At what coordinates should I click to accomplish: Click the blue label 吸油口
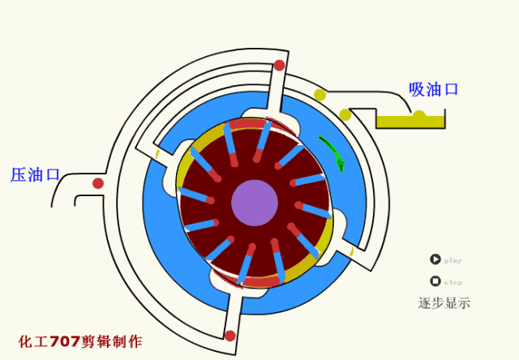(433, 89)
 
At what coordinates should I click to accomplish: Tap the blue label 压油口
(35, 174)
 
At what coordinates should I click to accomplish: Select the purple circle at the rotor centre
(255, 203)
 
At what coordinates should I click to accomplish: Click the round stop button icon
(435, 281)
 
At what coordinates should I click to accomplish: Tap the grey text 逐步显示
(444, 303)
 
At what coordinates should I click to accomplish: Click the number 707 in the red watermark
(65, 341)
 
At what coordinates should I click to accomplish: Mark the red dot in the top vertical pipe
(279, 65)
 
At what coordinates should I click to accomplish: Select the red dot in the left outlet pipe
(98, 183)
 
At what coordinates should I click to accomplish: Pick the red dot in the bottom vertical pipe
(230, 336)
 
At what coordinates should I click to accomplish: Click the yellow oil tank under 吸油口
(410, 122)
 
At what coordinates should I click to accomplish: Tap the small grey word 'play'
(453, 261)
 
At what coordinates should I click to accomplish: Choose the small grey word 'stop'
(453, 282)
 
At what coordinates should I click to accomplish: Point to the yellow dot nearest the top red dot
(320, 95)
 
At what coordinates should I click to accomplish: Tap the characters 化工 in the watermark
(33, 341)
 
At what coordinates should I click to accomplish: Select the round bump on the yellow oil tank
(419, 115)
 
